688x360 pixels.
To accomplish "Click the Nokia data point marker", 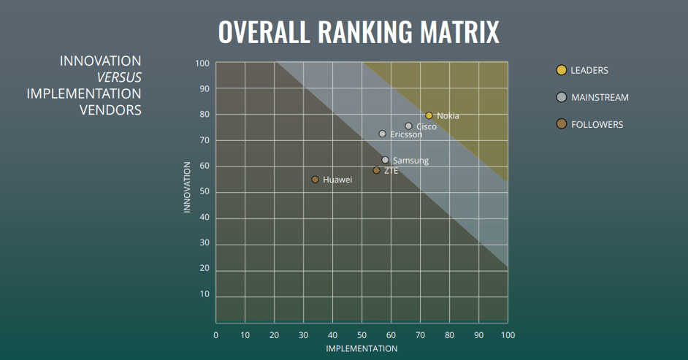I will (x=429, y=115).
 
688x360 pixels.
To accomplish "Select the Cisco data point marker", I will (x=408, y=126).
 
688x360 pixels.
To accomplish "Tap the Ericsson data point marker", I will (x=382, y=134).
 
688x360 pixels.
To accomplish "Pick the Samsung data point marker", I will (x=385, y=160).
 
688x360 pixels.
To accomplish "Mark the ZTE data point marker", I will (x=376, y=170).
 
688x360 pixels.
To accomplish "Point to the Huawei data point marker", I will (x=315, y=179).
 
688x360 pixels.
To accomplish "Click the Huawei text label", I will (x=337, y=180).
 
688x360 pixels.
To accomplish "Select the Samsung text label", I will (x=410, y=161).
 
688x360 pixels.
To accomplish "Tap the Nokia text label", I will (x=448, y=116).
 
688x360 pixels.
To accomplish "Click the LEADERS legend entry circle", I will (x=561, y=70).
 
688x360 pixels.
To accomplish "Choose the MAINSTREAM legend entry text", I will (x=600, y=97).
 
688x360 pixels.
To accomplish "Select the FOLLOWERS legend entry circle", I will (x=561, y=124).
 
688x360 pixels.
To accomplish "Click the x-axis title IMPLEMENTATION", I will (x=362, y=349).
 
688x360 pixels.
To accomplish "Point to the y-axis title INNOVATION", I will (x=187, y=187).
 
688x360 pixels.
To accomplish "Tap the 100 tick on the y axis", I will (x=202, y=64).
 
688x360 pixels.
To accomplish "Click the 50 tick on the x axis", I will (x=362, y=335).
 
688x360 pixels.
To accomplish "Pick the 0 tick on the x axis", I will (x=215, y=335).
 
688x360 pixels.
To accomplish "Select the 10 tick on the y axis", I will (x=205, y=294).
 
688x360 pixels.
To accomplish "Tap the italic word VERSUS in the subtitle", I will (x=119, y=77).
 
